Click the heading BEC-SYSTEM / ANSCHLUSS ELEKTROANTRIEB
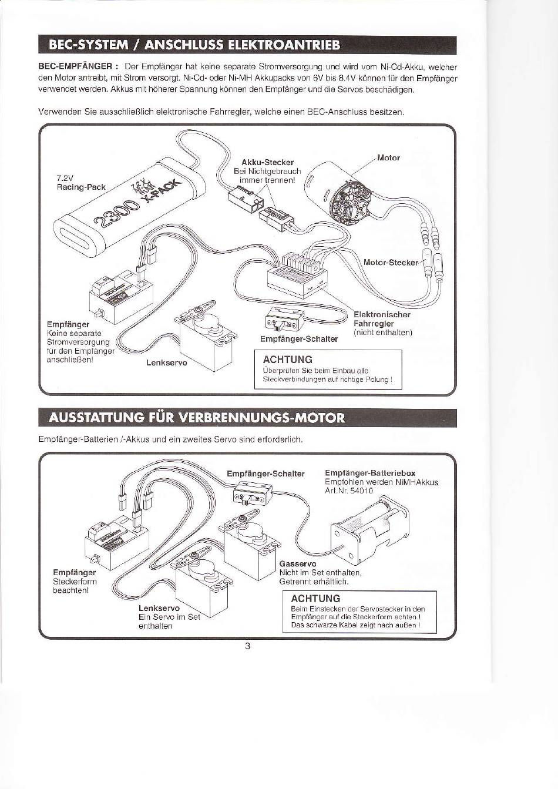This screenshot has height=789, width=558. (194, 45)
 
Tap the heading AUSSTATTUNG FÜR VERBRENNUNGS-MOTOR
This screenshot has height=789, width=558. (197, 418)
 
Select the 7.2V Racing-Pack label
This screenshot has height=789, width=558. (81, 183)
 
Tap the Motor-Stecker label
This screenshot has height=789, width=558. (391, 262)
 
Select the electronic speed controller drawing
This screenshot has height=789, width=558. (297, 273)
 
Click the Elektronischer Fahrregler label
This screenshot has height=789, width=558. (382, 319)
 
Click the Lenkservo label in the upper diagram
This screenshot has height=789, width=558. (166, 362)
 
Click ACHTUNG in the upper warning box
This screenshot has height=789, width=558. (287, 360)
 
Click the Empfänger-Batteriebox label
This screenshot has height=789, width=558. (369, 473)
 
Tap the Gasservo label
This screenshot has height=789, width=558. (298, 564)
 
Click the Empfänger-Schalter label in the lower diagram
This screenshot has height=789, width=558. (265, 474)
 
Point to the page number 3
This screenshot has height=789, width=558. (248, 646)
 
